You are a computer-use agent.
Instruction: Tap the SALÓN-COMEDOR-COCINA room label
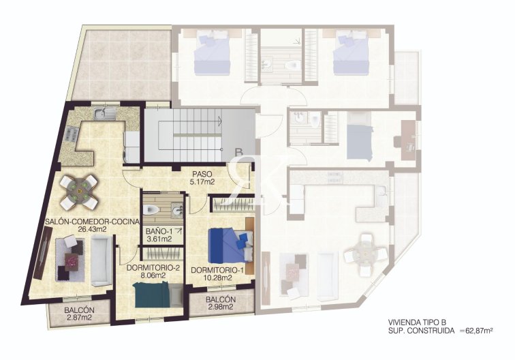pyautogui.click(x=92, y=225)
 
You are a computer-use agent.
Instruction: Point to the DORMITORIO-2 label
pyautogui.click(x=154, y=271)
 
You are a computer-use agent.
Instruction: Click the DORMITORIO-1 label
pyautogui.click(x=218, y=274)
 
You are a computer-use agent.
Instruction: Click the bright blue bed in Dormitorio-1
pyautogui.click(x=226, y=244)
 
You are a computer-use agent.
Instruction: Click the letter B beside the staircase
pyautogui.click(x=238, y=153)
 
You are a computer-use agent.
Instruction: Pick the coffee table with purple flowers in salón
pyautogui.click(x=72, y=259)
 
